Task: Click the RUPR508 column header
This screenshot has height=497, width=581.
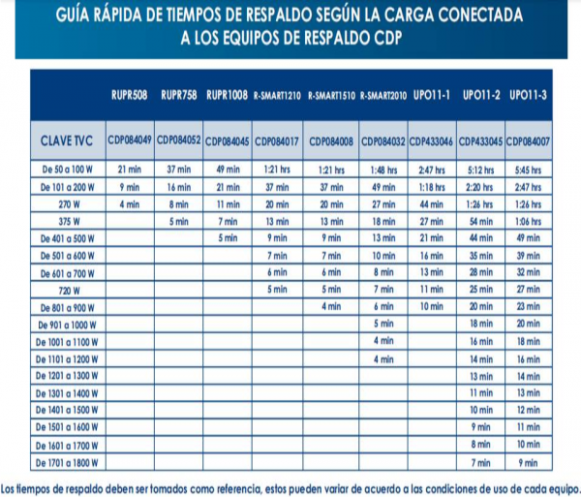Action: pyautogui.click(x=129, y=95)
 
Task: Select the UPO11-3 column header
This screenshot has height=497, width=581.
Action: pyautogui.click(x=528, y=95)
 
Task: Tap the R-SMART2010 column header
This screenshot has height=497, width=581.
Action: pyautogui.click(x=382, y=96)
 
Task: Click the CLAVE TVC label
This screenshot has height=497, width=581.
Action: pyautogui.click(x=68, y=141)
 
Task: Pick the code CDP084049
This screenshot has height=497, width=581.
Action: pyautogui.click(x=129, y=141)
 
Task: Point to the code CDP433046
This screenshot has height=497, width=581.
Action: pyautogui.click(x=431, y=141)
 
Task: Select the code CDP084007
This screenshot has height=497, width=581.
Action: pyautogui.click(x=529, y=141)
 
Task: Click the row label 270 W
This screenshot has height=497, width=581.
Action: pyautogui.click(x=68, y=204)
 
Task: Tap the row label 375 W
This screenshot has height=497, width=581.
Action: pyautogui.click(x=68, y=221)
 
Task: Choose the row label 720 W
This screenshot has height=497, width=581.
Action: pyautogui.click(x=68, y=289)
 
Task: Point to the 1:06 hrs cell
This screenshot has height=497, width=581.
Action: pyautogui.click(x=529, y=221)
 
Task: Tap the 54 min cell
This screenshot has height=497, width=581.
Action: pyautogui.click(x=480, y=221)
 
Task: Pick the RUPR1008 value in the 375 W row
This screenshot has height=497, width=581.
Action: pyautogui.click(x=229, y=221)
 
